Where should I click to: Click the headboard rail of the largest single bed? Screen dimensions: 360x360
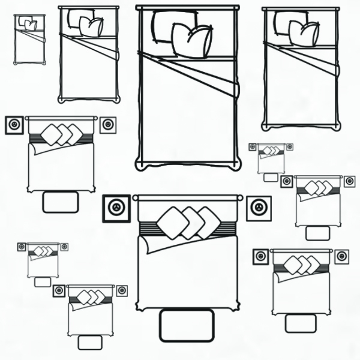(187, 8)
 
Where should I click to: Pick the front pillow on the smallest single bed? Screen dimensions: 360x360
(31, 25)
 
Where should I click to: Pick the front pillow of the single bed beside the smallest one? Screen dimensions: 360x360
(91, 27)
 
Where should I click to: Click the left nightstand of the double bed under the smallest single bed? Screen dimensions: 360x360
(14, 125)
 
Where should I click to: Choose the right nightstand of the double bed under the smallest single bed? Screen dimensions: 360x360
(107, 124)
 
